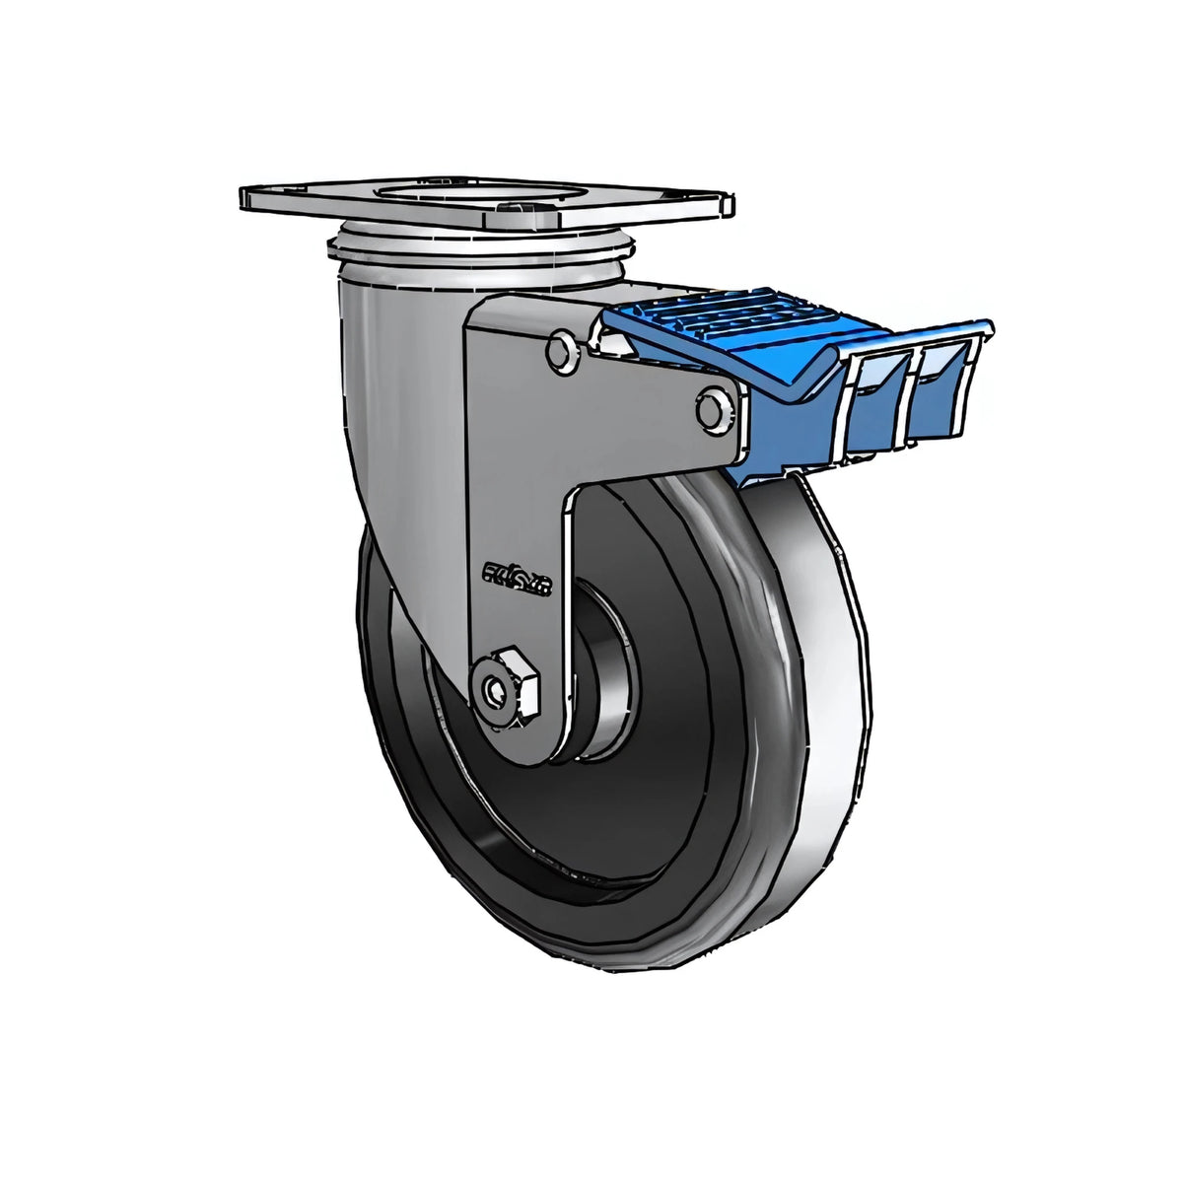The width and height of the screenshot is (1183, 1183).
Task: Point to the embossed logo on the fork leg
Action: [519, 574]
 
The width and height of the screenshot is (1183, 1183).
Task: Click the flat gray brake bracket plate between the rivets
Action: [631, 404]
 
